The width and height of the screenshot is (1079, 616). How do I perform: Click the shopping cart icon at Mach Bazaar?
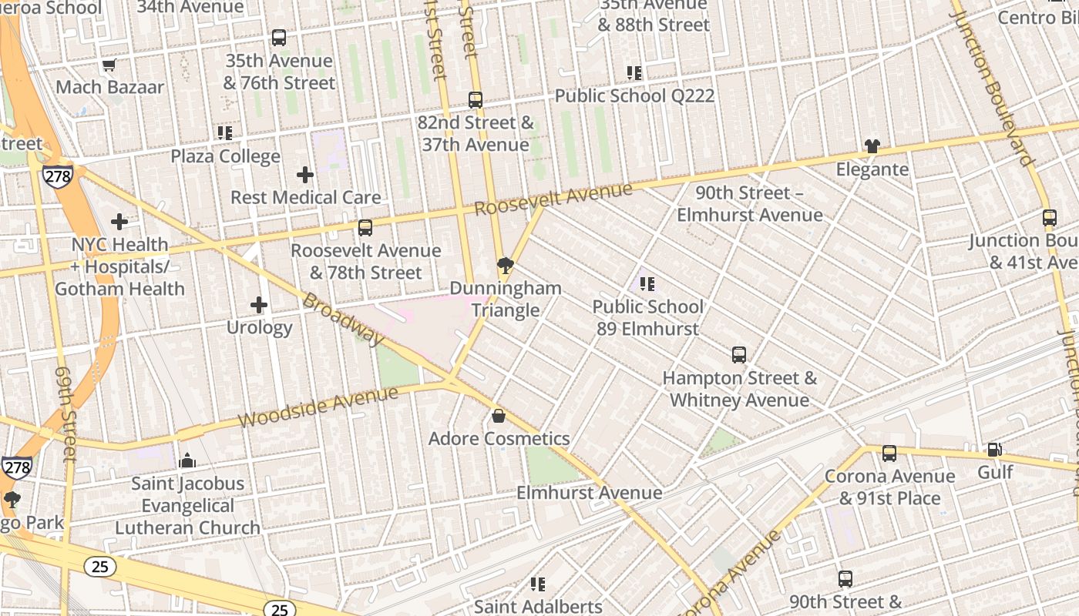109,65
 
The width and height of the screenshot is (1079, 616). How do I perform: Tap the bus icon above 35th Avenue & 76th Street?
279,37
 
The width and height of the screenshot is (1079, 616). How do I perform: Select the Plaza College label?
225,156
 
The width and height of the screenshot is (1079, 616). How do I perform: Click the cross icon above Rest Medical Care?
305,175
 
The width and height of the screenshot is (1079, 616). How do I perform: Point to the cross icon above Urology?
259,305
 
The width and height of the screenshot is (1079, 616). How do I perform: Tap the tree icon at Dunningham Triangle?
506,266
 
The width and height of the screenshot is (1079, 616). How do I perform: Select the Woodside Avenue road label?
318,407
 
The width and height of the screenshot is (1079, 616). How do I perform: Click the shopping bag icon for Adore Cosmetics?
499,417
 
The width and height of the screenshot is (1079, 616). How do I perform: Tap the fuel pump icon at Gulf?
995,449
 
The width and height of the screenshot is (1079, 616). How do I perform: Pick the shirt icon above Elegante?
872,146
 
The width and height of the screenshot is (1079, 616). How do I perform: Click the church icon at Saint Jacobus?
187,460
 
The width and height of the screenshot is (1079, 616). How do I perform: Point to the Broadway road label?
342,319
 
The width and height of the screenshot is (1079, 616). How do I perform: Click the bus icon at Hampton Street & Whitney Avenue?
738,355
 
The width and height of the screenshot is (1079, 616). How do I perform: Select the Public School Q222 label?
634,96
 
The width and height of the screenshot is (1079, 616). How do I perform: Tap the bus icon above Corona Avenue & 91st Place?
889,454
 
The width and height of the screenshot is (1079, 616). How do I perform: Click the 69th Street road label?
67,413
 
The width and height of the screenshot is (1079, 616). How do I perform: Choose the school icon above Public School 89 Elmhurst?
647,284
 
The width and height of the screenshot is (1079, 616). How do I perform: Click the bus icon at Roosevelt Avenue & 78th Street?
365,228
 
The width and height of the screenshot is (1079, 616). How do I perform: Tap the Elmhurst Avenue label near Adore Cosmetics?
589,493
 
